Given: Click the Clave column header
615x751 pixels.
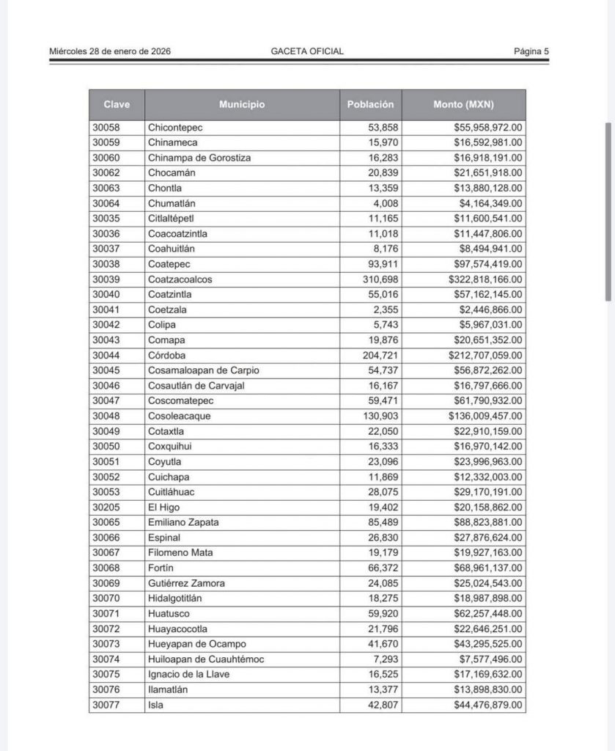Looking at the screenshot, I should coord(117,105).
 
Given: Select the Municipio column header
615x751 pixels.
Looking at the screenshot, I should coord(242,105).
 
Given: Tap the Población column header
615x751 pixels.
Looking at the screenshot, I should coord(370,105).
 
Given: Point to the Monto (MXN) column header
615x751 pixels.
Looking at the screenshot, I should coord(463,105).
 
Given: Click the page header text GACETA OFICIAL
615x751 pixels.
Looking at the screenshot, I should coord(306,51).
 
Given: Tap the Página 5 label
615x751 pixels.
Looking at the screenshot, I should coord(531,51).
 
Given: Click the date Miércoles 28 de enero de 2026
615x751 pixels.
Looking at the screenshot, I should coord(110,51).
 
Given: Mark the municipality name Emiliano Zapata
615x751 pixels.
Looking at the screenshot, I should coord(183,523).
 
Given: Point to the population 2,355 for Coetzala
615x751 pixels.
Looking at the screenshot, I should coord(386,309).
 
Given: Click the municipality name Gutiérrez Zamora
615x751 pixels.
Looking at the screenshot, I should coord(186,584).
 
